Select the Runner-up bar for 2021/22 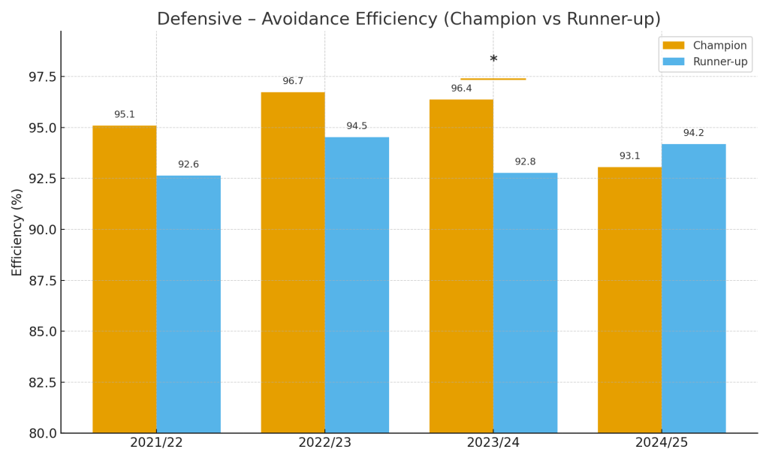188,304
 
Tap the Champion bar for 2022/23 293,263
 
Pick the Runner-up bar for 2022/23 357,285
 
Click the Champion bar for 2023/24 461,267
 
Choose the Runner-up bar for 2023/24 525,303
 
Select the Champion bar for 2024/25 629,300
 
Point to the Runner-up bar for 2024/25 693,288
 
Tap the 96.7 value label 293,81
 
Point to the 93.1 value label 629,156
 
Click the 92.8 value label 525,162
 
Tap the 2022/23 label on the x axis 324,443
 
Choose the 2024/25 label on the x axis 661,443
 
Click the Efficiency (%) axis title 17,232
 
